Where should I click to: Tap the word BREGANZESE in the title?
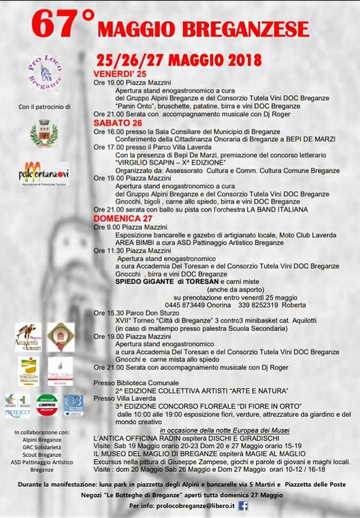250,28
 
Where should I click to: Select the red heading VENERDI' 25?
119,74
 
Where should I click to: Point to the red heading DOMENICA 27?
123,218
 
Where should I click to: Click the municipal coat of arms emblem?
44,133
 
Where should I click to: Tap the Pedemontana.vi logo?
44,174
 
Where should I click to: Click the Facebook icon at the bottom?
243,506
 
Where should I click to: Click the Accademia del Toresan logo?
28,337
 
